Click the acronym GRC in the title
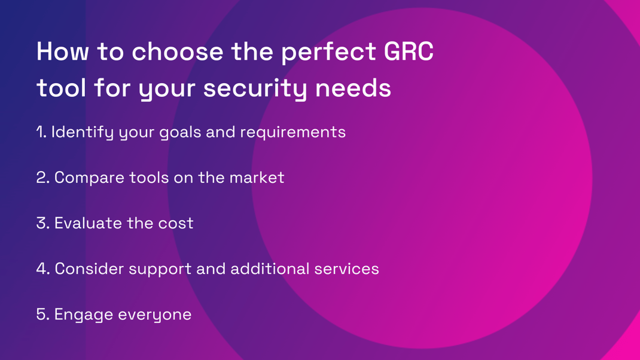pyautogui.click(x=408, y=51)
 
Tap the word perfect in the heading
pyautogui.click(x=328, y=53)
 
